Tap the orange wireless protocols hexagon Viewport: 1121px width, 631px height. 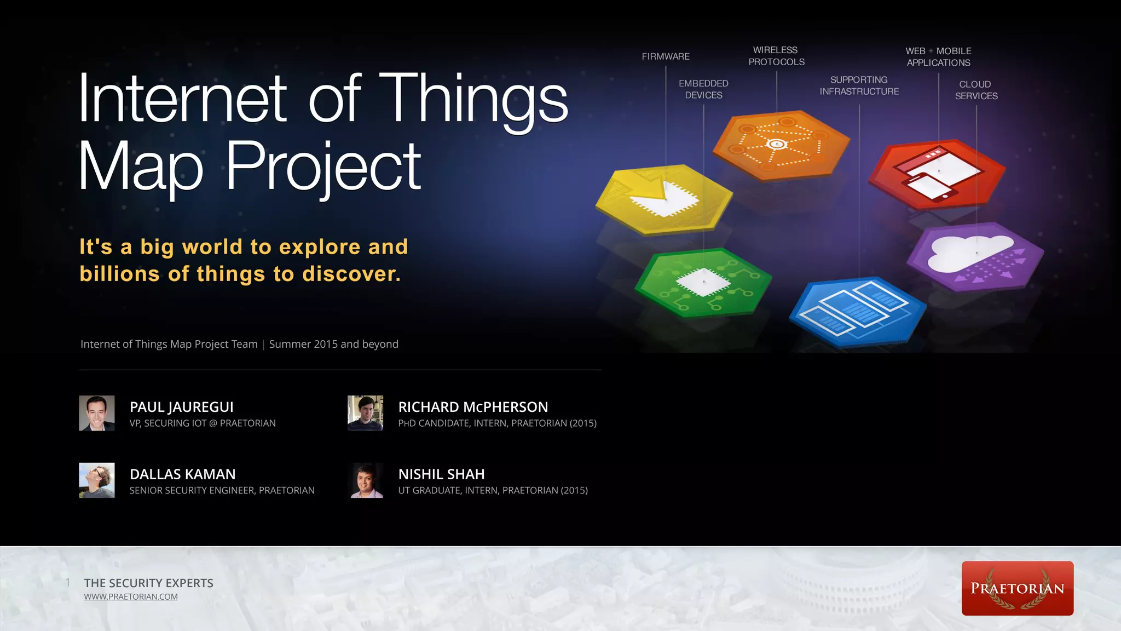click(781, 145)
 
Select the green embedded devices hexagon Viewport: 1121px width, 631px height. click(703, 283)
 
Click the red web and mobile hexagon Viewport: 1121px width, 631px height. click(937, 174)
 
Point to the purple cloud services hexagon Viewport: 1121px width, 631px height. click(975, 256)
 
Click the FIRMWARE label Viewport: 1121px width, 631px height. click(666, 56)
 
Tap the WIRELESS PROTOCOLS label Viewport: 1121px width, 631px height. click(776, 56)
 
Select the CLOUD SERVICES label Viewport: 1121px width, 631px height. click(976, 90)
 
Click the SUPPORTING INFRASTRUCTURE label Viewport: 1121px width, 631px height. click(859, 85)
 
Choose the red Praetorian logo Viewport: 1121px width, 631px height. click(1017, 588)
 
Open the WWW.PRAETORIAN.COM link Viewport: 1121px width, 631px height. click(131, 596)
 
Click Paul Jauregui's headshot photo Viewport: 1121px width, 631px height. click(97, 413)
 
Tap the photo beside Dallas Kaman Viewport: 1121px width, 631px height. click(97, 480)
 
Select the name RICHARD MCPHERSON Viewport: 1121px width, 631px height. click(473, 407)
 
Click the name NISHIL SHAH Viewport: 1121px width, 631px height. click(441, 474)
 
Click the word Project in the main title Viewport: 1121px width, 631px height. click(323, 167)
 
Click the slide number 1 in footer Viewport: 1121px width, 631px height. click(68, 583)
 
